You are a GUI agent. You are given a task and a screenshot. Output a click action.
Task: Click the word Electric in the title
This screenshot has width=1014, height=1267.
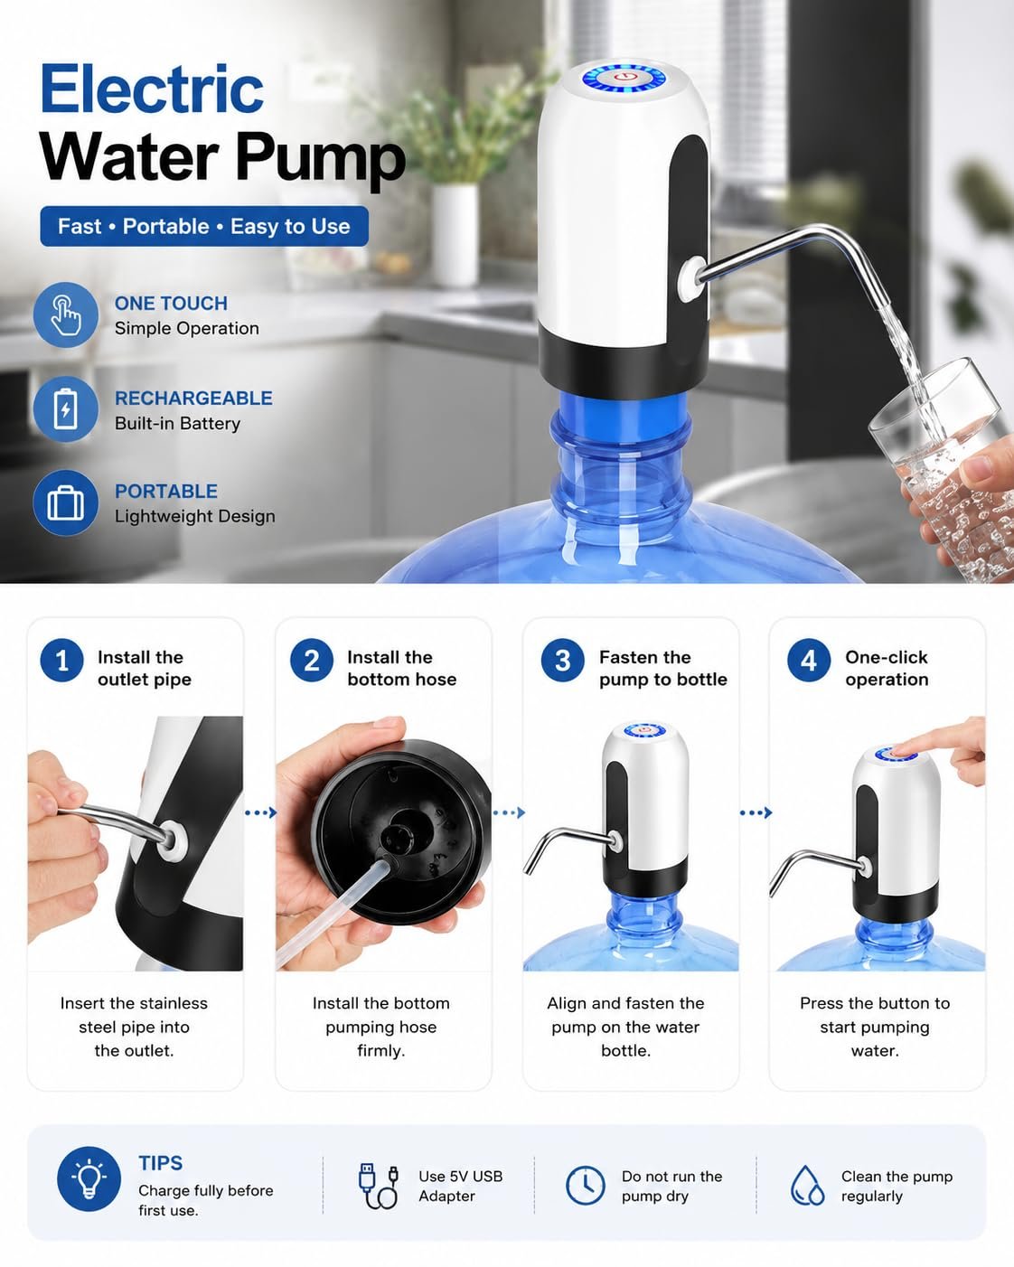coord(152,89)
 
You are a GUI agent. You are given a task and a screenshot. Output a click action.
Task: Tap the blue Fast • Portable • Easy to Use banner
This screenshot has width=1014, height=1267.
coord(204,226)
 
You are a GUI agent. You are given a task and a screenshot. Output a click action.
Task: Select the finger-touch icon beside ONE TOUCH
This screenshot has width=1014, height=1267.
coord(65,315)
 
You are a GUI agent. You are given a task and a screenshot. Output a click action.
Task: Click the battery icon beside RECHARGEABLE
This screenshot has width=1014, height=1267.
coord(65,409)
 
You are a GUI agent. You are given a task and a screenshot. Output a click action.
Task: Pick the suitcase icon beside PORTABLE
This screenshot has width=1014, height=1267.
coord(65,502)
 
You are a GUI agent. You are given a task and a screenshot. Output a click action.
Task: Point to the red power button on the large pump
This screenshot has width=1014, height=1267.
coord(624,77)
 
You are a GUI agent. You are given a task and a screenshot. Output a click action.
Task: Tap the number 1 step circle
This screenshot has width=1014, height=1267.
coord(61,661)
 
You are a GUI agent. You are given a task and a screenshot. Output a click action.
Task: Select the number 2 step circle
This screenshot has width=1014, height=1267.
coord(312,661)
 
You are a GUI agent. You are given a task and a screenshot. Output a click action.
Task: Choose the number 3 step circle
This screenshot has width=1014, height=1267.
coord(562,661)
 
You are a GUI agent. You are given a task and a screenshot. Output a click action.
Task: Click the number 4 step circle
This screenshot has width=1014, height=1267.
coord(809,661)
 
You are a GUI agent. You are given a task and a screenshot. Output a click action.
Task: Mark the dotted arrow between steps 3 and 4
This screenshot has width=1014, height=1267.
coord(756,813)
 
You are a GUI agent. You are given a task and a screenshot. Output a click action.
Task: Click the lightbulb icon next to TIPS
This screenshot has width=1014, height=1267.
coord(89,1178)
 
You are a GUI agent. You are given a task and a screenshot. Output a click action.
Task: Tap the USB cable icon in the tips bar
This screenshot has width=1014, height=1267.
coord(379,1186)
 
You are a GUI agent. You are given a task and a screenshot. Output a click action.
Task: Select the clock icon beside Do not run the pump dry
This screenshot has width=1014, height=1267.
coord(586,1185)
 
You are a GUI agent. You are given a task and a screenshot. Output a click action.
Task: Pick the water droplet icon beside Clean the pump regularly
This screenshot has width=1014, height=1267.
coord(807,1185)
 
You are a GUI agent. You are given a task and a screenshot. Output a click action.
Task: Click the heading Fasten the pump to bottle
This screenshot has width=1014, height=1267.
coord(663,668)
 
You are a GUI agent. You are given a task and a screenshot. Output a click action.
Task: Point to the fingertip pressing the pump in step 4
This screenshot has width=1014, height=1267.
coord(897,752)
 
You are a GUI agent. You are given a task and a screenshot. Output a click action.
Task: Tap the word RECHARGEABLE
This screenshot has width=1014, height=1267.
coord(193,398)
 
